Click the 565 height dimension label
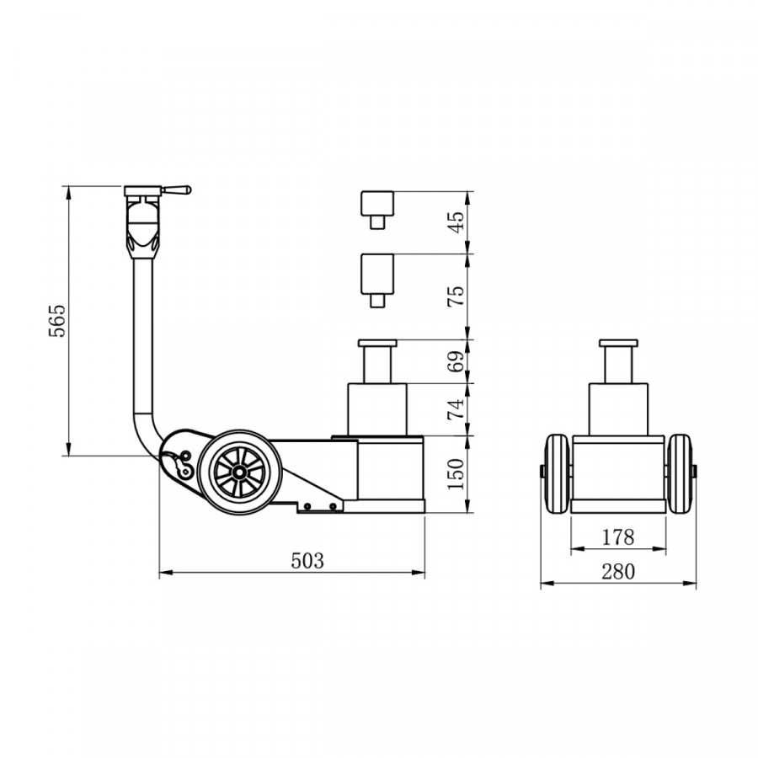(x=57, y=321)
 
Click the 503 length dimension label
(x=307, y=560)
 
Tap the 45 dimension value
(x=456, y=222)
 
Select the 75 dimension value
(x=456, y=296)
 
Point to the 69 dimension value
(x=456, y=360)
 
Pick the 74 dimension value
(x=456, y=408)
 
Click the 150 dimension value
(x=456, y=473)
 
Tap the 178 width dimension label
(x=618, y=536)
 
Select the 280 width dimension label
(x=618, y=571)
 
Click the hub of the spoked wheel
(x=238, y=472)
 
